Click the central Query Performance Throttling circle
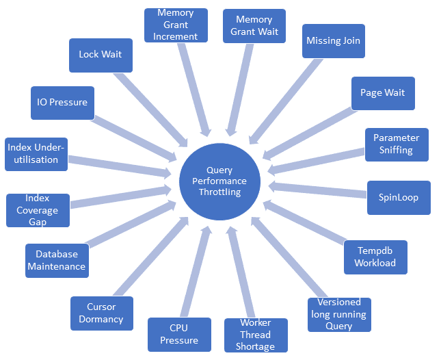point(219,181)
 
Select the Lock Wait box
point(101,55)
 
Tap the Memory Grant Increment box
point(176,25)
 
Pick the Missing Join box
point(333,41)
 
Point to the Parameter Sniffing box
point(396,144)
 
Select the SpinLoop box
point(398,197)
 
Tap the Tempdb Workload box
point(375,257)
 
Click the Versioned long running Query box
point(338,315)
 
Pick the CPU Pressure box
point(179,334)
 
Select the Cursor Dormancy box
point(101,313)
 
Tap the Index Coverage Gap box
point(38,210)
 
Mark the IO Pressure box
point(62,103)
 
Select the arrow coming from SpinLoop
point(317,190)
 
